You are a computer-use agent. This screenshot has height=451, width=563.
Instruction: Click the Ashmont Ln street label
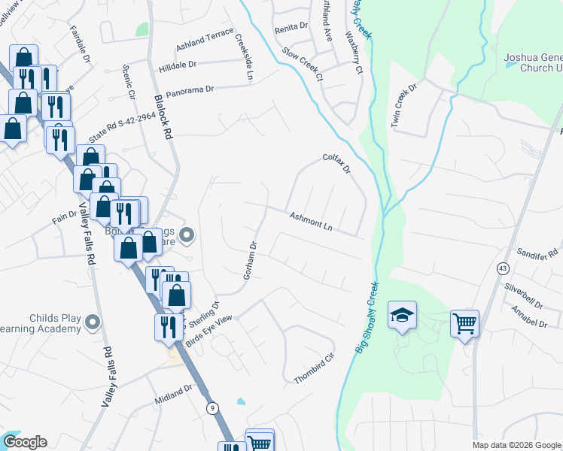coord(311,220)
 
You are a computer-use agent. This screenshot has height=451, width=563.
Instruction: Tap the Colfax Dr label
coord(336,164)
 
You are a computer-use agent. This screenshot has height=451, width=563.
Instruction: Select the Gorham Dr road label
coord(251,260)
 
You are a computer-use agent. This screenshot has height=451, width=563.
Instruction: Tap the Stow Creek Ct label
coord(302,64)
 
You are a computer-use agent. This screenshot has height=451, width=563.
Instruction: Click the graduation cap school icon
coord(402,314)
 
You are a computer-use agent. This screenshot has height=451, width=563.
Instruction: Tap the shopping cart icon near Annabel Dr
coord(465,323)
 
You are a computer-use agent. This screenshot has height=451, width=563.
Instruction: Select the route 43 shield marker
coord(502,268)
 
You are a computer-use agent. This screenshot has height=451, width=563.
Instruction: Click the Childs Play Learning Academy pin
coord(93,322)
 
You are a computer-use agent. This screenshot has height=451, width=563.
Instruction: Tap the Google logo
coord(24,442)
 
